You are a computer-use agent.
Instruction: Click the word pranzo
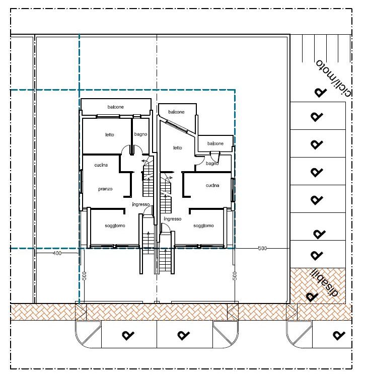tap(105, 189)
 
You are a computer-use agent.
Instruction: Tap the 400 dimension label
tap(57, 253)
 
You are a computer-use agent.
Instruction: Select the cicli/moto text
tap(334, 78)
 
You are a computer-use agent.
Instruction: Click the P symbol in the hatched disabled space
tap(312, 296)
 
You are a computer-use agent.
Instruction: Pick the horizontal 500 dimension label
tap(262, 248)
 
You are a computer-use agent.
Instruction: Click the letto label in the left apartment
tap(110, 134)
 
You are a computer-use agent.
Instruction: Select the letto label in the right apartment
tap(178, 147)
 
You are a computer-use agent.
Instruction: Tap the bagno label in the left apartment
tap(140, 134)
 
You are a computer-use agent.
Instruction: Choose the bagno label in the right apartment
tap(212, 164)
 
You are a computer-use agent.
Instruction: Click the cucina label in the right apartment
tap(212, 185)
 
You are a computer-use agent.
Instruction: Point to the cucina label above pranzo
tap(101, 165)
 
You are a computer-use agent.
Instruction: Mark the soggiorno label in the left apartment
tap(115, 226)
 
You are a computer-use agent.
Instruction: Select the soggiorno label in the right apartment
tap(203, 226)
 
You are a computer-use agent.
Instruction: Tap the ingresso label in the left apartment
tap(141, 204)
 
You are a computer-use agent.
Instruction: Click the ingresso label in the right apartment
tap(173, 219)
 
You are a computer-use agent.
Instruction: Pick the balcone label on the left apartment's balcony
tap(116, 107)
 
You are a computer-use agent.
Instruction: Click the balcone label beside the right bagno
tap(215, 143)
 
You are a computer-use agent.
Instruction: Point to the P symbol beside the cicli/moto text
tap(321, 93)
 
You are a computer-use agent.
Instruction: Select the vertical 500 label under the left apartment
tap(85, 276)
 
